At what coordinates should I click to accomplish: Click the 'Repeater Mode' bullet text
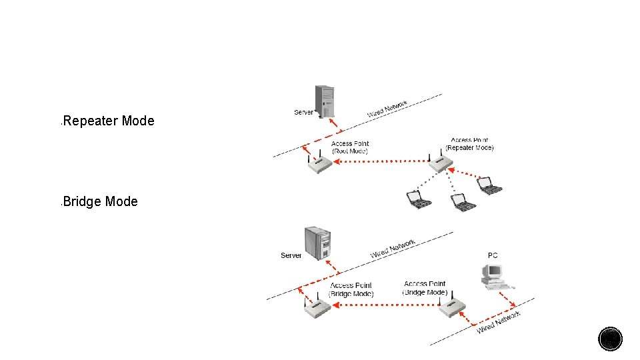click(x=109, y=121)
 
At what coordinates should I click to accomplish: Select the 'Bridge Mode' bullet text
click(x=101, y=201)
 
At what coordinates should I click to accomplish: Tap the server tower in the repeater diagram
click(x=325, y=102)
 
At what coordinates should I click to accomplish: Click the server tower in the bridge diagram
click(x=317, y=245)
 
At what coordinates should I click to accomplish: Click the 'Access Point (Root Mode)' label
click(x=350, y=147)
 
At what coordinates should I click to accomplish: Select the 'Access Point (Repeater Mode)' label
click(x=470, y=144)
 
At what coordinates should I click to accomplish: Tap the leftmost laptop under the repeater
click(x=419, y=199)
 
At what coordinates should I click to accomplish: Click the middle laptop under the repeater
click(x=462, y=201)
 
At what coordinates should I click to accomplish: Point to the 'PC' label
click(x=493, y=255)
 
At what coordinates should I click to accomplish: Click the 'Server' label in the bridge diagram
click(x=291, y=255)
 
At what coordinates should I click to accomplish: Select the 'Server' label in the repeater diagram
click(x=303, y=112)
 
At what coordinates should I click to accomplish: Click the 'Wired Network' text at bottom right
click(x=499, y=323)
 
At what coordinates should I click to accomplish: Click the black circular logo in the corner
click(x=610, y=339)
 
